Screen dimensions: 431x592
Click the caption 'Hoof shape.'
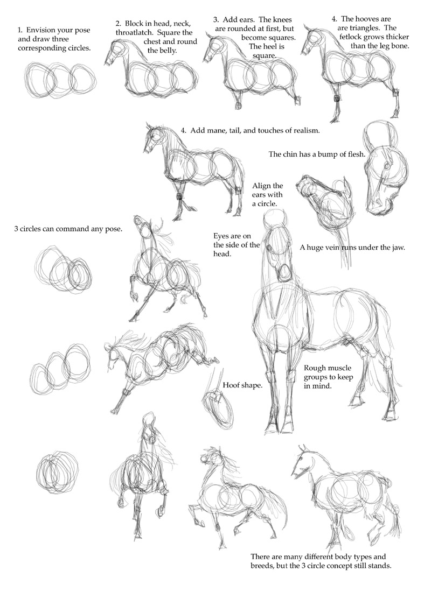(242, 385)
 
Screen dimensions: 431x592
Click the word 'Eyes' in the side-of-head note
(221, 236)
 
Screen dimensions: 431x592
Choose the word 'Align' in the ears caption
(261, 186)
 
